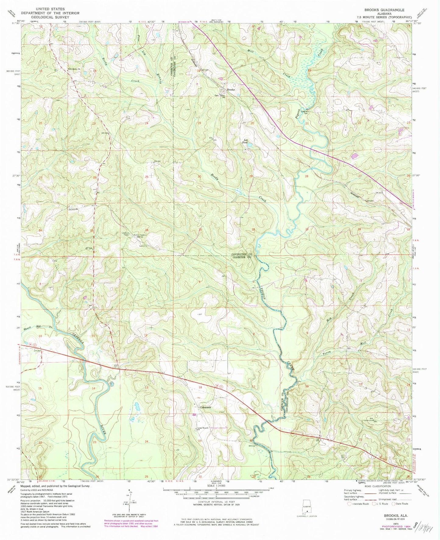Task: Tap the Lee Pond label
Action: tap(245, 141)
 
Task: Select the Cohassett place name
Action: tap(205, 407)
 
